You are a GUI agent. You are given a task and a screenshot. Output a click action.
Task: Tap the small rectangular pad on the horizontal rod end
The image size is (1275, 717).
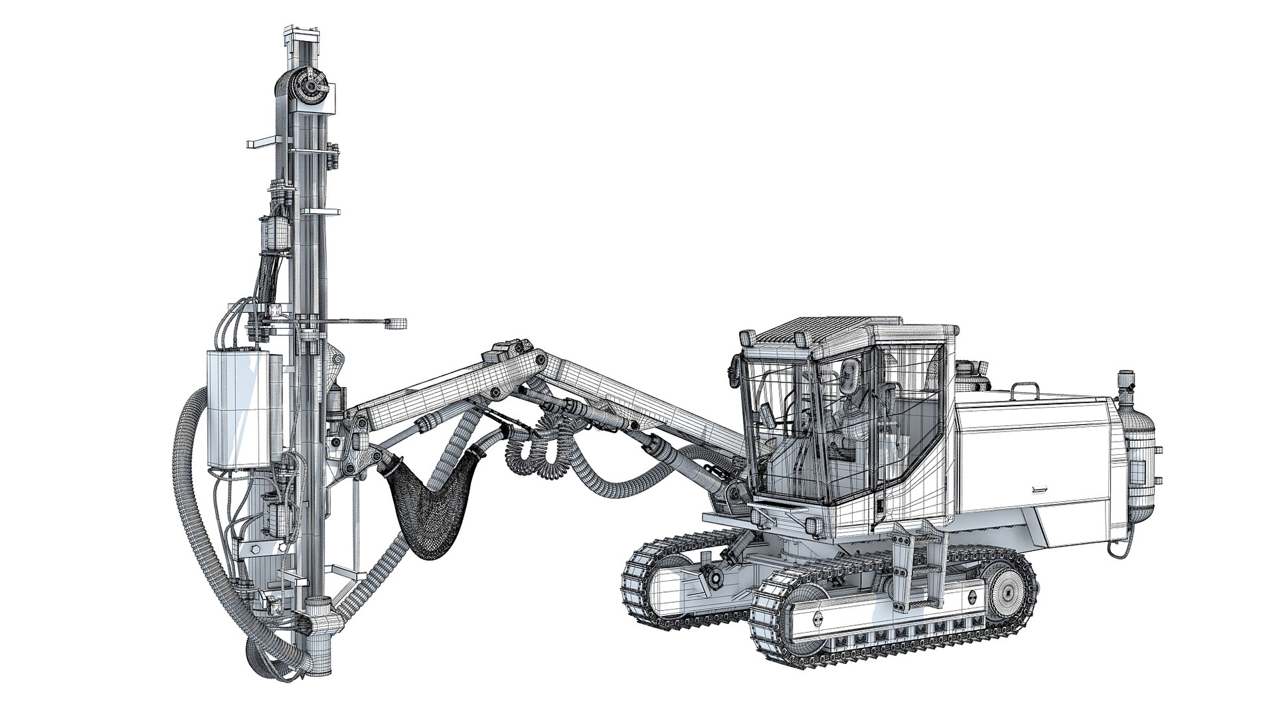[397, 323]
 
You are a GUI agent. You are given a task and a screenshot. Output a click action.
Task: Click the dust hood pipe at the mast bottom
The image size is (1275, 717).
[317, 625]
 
